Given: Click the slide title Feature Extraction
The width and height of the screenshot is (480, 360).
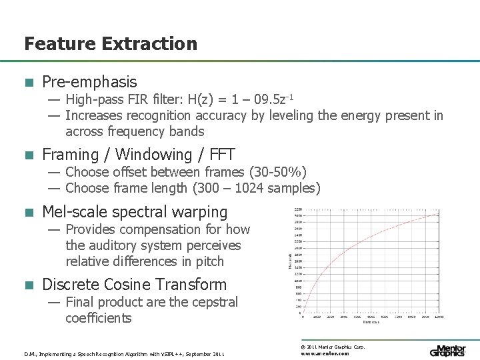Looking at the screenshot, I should click(x=111, y=44).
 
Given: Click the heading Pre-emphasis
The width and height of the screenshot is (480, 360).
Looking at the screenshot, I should click(x=89, y=82).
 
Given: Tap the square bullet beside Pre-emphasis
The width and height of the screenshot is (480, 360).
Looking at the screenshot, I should click(x=28, y=83).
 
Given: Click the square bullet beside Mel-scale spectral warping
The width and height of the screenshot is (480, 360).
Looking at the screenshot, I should click(x=28, y=213).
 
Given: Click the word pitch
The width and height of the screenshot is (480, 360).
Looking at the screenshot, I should click(x=207, y=261).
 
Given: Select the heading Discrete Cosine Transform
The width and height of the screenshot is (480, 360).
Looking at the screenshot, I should click(x=134, y=284).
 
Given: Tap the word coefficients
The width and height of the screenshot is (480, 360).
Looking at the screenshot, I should click(x=99, y=318).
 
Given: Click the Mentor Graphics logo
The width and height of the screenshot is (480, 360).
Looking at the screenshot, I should click(x=447, y=351).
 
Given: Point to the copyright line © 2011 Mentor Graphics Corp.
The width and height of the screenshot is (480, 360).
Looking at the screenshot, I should click(x=333, y=347).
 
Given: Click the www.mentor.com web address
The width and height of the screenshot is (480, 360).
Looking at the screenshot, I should click(x=325, y=354).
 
